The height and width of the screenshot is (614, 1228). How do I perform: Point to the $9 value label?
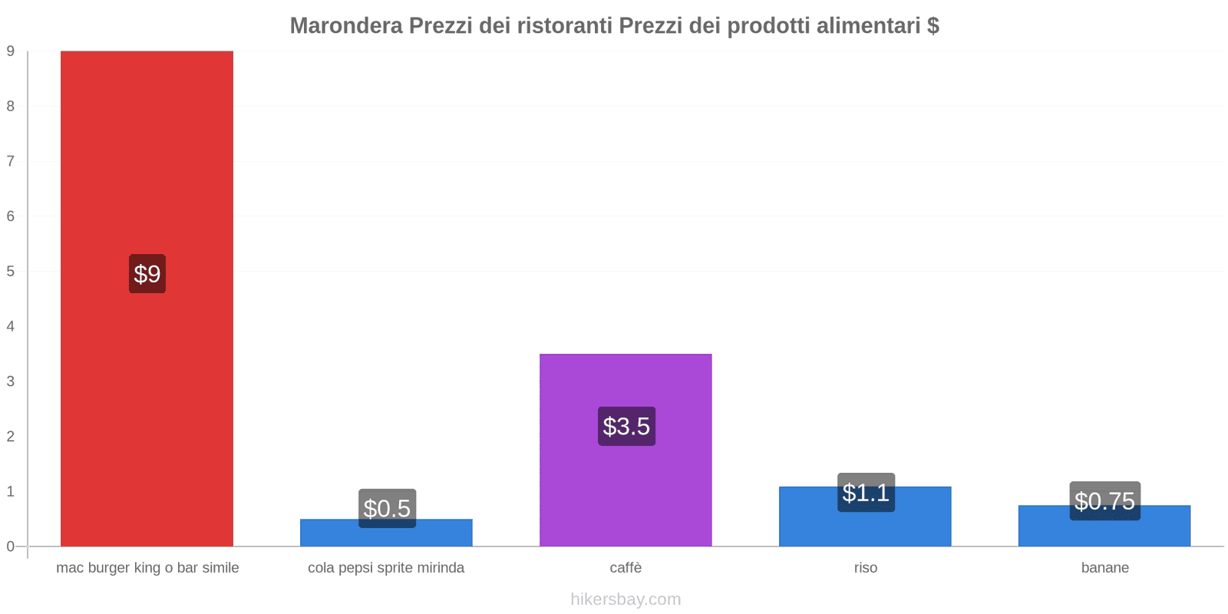click(x=147, y=274)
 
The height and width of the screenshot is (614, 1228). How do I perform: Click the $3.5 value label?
click(x=626, y=426)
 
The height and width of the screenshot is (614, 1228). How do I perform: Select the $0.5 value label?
click(x=387, y=508)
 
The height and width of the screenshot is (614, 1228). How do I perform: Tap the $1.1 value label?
click(x=866, y=493)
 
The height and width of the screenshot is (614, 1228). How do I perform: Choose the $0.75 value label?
click(x=1104, y=501)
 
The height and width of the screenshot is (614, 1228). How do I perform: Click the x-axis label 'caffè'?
click(x=626, y=568)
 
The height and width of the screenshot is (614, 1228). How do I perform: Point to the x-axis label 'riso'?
click(x=865, y=568)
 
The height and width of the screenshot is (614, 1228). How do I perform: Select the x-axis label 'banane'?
click(x=1104, y=568)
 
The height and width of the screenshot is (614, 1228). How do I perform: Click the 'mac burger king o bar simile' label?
click(x=147, y=568)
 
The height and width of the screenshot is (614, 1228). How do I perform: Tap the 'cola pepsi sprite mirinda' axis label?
click(x=386, y=568)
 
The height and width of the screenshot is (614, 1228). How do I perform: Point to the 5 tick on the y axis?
click(x=11, y=271)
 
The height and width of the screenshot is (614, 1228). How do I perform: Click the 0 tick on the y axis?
click(x=11, y=546)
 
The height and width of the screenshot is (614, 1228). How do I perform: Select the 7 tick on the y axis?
click(x=11, y=161)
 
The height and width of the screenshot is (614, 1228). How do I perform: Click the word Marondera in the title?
click(x=345, y=26)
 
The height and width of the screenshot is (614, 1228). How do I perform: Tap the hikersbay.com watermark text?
click(x=626, y=599)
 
